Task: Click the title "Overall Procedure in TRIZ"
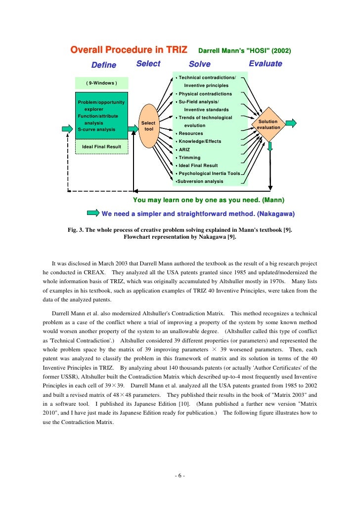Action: point(129,50)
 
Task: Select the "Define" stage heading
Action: point(104,65)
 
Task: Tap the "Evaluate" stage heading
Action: point(265,64)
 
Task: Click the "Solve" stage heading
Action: point(200,64)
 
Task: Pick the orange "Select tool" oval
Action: point(148,126)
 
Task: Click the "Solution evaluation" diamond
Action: point(269,125)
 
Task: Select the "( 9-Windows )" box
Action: point(101,83)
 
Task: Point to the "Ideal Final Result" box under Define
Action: point(101,147)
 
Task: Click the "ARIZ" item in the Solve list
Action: point(184,150)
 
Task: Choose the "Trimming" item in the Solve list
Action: point(189,158)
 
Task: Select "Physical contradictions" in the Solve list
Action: point(205,94)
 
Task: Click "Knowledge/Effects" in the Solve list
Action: point(200,141)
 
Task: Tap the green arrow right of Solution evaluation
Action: point(291,123)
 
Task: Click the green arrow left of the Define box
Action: point(68,128)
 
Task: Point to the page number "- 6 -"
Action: point(180,476)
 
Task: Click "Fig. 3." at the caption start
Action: point(76,230)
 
